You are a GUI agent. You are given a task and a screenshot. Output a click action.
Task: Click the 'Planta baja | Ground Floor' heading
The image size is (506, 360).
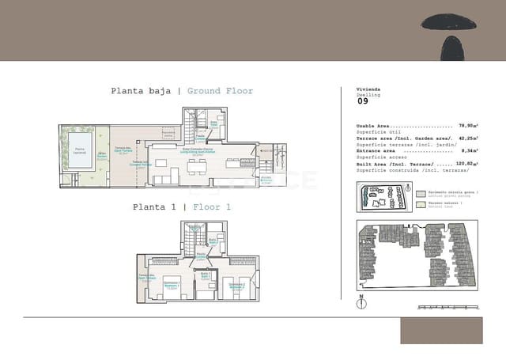pyautogui.click(x=182, y=91)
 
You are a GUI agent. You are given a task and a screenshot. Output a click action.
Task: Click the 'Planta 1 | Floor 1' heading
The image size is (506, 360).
pyautogui.click(x=182, y=207)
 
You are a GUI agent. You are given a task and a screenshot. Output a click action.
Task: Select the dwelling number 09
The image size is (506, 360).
pyautogui.click(x=363, y=101)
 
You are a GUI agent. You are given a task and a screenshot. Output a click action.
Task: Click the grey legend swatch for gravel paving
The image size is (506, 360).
pyautogui.click(x=421, y=192)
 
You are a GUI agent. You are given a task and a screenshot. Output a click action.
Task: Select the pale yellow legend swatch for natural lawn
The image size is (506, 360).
pyautogui.click(x=421, y=203)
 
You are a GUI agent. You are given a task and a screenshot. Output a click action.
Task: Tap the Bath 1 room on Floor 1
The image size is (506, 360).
pyautogui.click(x=205, y=276)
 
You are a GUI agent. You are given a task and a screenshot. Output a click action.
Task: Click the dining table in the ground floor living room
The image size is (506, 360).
pyautogui.click(x=194, y=165)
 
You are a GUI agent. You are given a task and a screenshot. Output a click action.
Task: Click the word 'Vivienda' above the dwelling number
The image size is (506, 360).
pyautogui.click(x=368, y=90)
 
